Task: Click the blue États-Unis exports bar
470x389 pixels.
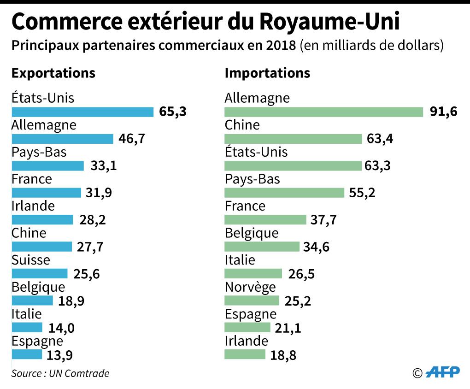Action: click(82, 112)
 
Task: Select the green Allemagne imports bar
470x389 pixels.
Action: click(323, 112)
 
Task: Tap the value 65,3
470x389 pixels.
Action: click(173, 112)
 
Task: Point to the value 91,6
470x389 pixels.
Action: click(444, 112)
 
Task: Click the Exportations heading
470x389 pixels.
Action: click(53, 73)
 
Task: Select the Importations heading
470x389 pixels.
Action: click(267, 73)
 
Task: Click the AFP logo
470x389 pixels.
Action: click(443, 372)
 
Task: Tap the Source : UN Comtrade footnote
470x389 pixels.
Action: click(60, 373)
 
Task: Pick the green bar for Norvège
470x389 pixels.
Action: click(252, 301)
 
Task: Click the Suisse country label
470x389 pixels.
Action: click(31, 260)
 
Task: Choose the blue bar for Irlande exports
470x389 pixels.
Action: click(42, 220)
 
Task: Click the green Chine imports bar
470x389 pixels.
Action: click(293, 139)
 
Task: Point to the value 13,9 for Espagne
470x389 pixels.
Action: click(60, 355)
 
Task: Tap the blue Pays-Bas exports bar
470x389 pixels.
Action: click(48, 166)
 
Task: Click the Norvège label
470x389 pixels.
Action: click(250, 287)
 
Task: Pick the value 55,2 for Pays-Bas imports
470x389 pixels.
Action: click(362, 193)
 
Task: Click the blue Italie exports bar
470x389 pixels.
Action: click(27, 328)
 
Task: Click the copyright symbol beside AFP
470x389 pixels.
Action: click(417, 373)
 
